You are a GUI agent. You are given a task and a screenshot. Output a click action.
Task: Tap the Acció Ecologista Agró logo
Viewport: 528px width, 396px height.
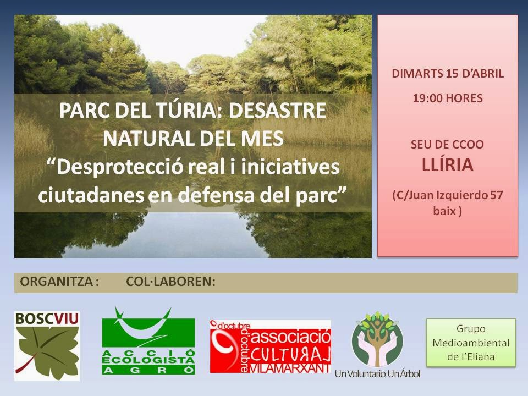[148, 341]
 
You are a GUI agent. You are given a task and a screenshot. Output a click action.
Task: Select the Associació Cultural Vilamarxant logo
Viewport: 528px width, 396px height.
[270, 346]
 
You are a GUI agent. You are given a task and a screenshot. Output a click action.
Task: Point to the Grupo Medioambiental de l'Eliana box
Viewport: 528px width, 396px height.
[471, 343]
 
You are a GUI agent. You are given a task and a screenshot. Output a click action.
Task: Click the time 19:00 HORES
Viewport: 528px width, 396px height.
[447, 98]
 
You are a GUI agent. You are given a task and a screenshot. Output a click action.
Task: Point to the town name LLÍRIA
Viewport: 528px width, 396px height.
[447, 166]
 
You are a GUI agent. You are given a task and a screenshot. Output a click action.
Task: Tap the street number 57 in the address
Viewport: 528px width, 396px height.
[493, 195]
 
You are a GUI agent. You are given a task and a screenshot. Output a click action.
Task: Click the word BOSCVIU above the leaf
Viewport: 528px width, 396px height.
[47, 318]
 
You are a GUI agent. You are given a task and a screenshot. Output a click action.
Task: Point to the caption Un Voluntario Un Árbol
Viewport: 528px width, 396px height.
[377, 375]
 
